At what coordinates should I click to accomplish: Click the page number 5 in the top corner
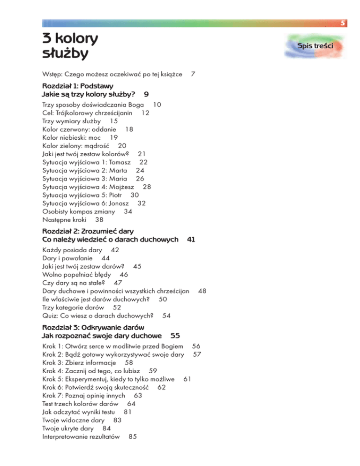pos(344,23)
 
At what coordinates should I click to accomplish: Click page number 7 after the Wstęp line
pos(193,74)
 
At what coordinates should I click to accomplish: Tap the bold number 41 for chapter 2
pos(191,239)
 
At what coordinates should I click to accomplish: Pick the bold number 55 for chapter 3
pos(175,336)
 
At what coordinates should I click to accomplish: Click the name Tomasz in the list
pos(112,162)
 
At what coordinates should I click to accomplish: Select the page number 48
pos(202,291)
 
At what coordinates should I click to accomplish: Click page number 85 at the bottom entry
pos(132,436)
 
